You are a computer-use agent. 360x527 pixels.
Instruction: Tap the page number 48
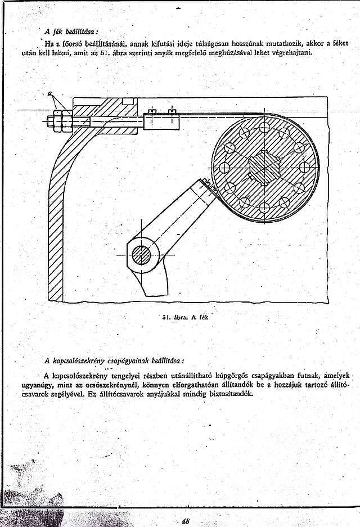coord(184,521)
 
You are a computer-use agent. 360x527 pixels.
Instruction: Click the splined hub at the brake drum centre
coord(264,168)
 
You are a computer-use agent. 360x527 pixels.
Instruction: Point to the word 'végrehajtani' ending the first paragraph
coord(292,52)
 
